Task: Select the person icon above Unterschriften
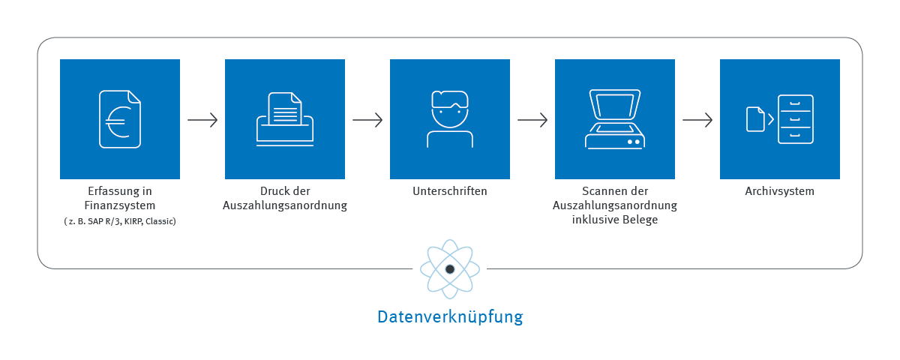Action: pyautogui.click(x=450, y=118)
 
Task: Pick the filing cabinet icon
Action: pyautogui.click(x=795, y=119)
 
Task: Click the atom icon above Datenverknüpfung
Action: pyautogui.click(x=450, y=268)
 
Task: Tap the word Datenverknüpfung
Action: pyautogui.click(x=450, y=316)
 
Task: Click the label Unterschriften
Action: pyautogui.click(x=450, y=191)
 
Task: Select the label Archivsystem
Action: pyautogui.click(x=779, y=191)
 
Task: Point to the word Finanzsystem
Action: pyautogui.click(x=120, y=205)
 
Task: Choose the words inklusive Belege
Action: pyautogui.click(x=615, y=220)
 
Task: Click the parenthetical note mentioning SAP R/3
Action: pyautogui.click(x=120, y=222)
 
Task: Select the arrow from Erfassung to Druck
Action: pyautogui.click(x=202, y=120)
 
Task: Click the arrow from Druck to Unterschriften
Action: pyautogui.click(x=367, y=120)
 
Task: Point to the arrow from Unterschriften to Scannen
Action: pyautogui.click(x=532, y=120)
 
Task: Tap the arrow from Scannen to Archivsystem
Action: pyautogui.click(x=697, y=120)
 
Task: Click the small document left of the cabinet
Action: pyautogui.click(x=755, y=119)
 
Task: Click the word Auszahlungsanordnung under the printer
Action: pyautogui.click(x=285, y=205)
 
